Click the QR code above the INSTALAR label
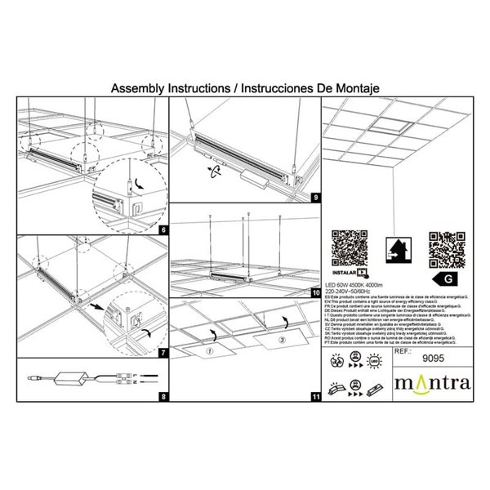tap(346, 247)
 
